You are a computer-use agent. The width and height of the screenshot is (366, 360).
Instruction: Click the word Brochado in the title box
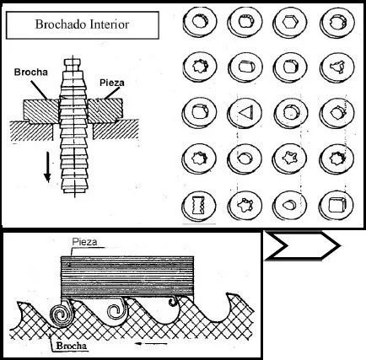point(62,24)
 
